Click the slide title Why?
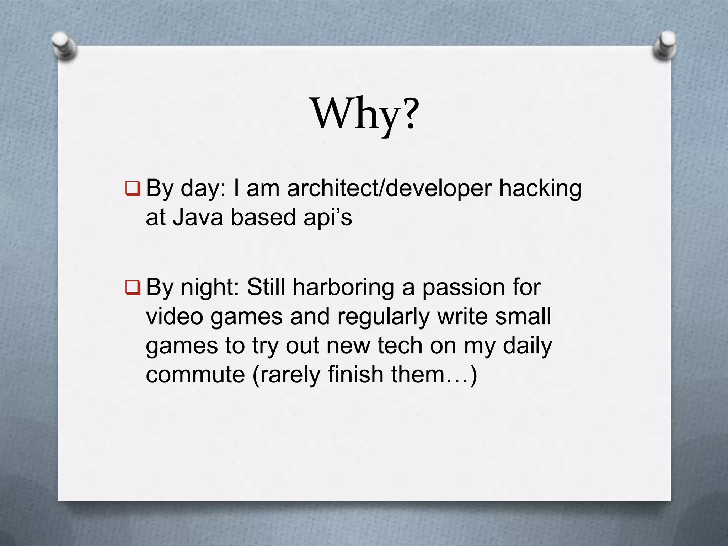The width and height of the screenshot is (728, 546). [x=365, y=114]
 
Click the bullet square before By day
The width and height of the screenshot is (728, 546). [x=133, y=188]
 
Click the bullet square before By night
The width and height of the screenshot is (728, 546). [x=133, y=287]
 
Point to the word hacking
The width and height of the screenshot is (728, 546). [x=540, y=188]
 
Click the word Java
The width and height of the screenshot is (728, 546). [x=198, y=217]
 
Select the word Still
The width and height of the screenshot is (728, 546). [x=266, y=287]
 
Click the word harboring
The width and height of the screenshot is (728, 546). [x=343, y=287]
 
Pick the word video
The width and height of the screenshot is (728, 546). [x=174, y=316]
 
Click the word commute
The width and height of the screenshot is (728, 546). [x=195, y=374]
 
